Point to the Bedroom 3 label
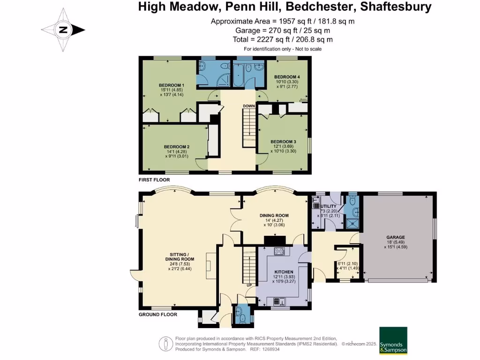pyautogui.click(x=283, y=142)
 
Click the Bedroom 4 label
pyautogui.click(x=287, y=77)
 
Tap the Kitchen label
pyautogui.click(x=284, y=272)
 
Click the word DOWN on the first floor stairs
pyautogui.click(x=248, y=106)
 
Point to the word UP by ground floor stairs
pyautogui.click(x=249, y=285)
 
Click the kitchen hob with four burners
pyautogui.click(x=279, y=252)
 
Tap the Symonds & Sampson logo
pyautogui.click(x=393, y=340)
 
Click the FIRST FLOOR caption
pyautogui.click(x=154, y=180)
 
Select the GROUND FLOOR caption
pyautogui.click(x=158, y=315)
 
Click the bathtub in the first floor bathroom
pyautogui.click(x=238, y=75)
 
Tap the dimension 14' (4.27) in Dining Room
pyautogui.click(x=274, y=220)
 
